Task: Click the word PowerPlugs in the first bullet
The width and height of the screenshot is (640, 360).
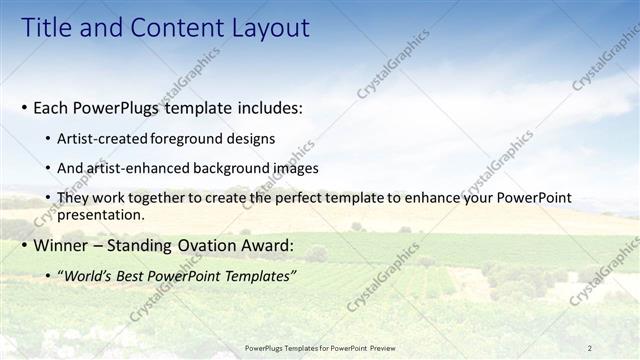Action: tap(115, 107)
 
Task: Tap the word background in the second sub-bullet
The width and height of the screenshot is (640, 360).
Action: tap(235, 168)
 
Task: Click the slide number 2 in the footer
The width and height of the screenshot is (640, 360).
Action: tap(589, 348)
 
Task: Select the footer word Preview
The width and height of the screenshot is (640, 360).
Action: tap(379, 348)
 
